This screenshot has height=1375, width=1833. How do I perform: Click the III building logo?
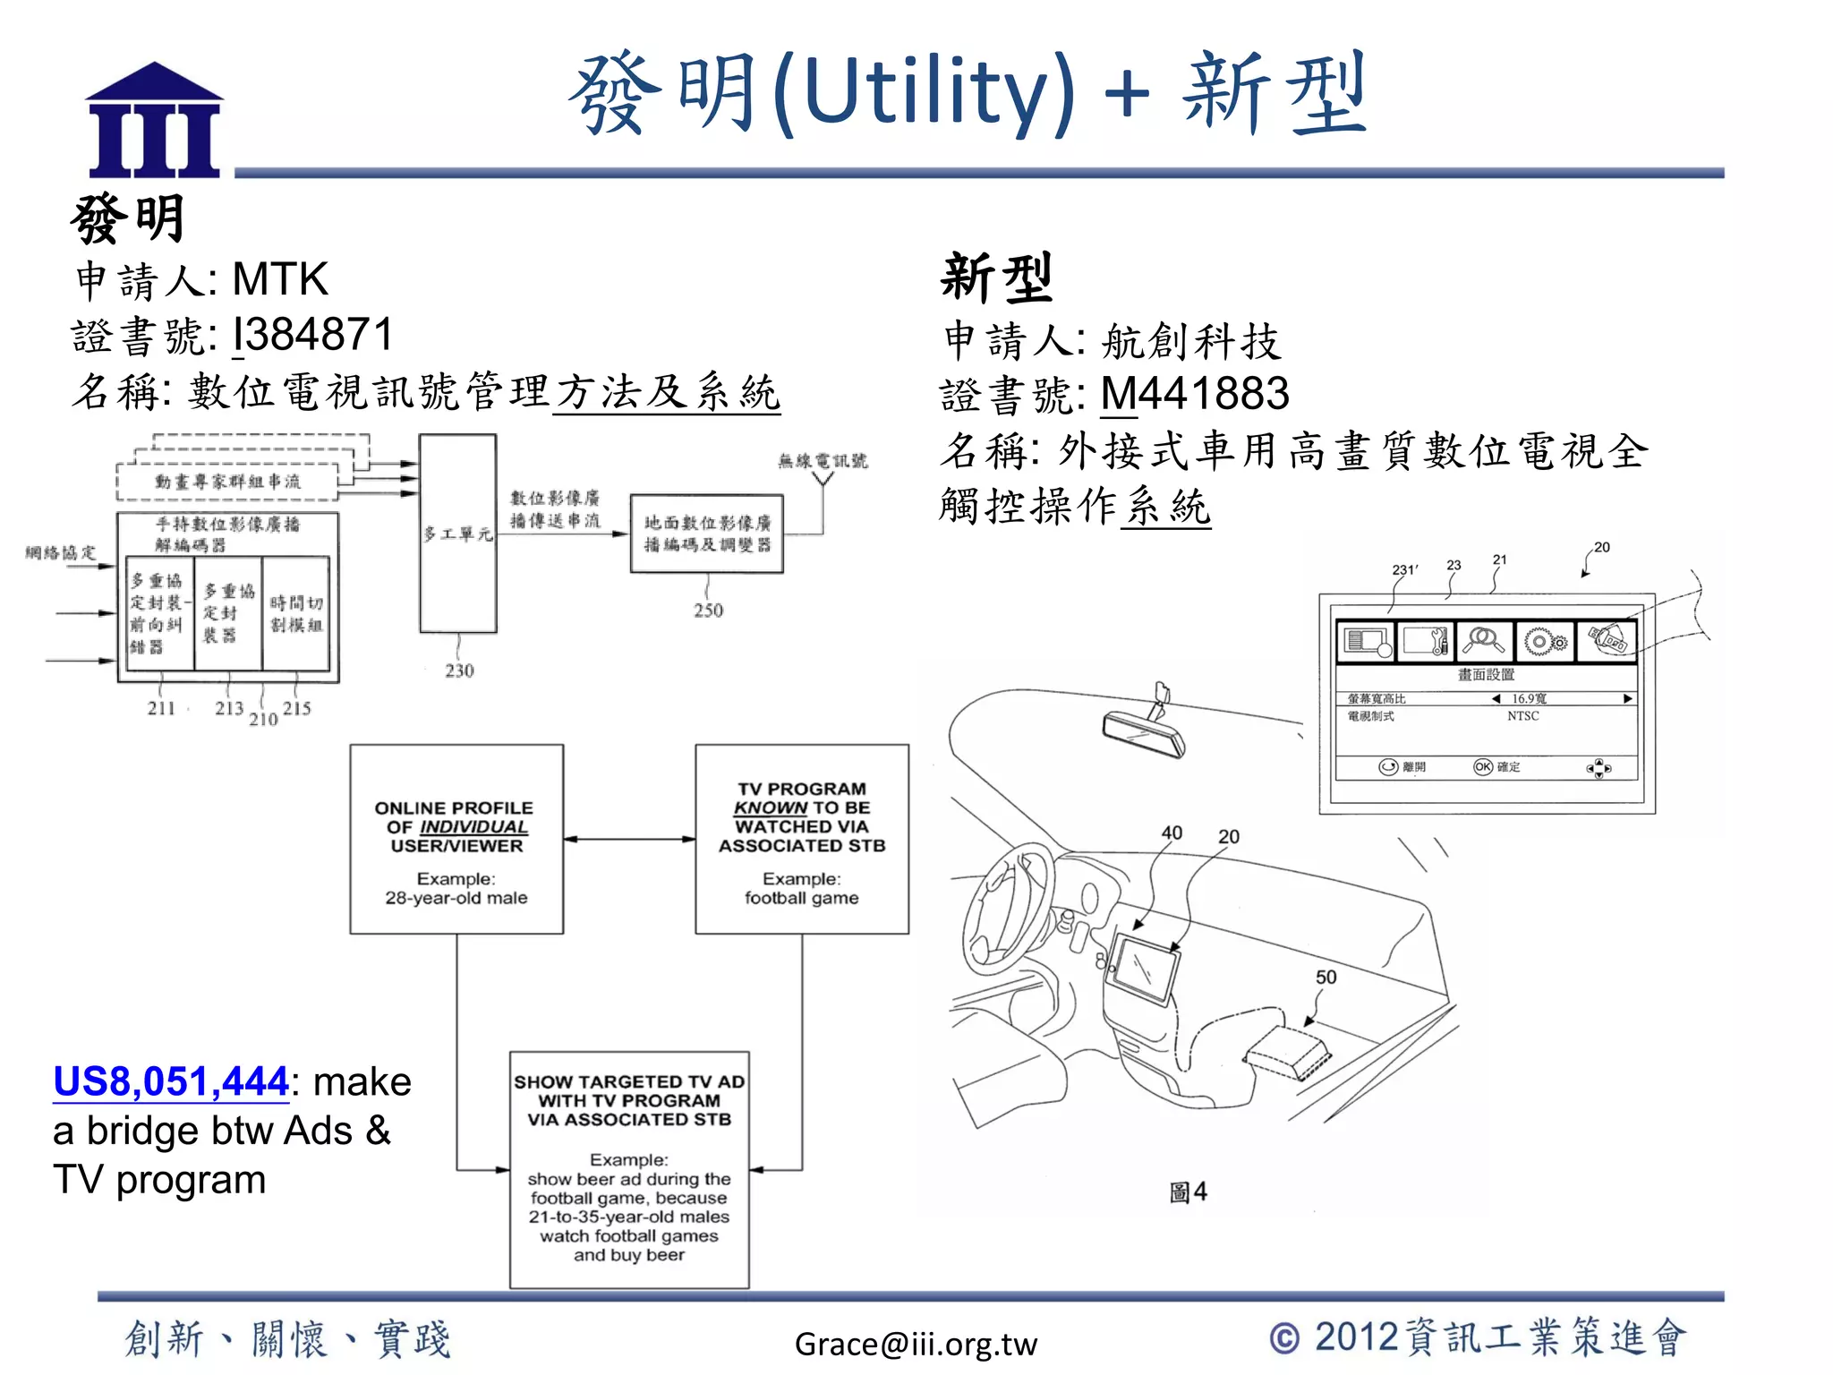click(x=154, y=120)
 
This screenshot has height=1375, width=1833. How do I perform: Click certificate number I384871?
click(x=312, y=335)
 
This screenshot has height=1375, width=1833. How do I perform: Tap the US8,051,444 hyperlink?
click(x=170, y=1081)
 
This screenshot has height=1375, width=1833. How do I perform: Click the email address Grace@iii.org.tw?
click(x=915, y=1344)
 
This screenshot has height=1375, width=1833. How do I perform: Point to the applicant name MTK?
click(x=280, y=279)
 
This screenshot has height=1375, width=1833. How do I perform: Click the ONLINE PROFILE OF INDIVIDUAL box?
click(x=456, y=839)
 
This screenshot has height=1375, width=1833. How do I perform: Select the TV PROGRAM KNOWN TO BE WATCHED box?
click(x=802, y=839)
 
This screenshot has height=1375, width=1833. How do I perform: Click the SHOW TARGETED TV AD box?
click(x=629, y=1169)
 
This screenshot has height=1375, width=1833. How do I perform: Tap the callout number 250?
click(x=708, y=611)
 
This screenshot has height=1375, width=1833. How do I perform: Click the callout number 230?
click(x=459, y=670)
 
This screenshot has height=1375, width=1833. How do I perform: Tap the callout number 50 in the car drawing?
click(x=1326, y=978)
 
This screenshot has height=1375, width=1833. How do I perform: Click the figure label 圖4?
click(x=1188, y=1192)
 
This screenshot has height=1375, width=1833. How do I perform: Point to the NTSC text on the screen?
click(x=1522, y=716)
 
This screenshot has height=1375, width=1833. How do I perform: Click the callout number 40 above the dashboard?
click(x=1172, y=833)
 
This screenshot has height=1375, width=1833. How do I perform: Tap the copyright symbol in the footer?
click(x=1284, y=1338)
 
